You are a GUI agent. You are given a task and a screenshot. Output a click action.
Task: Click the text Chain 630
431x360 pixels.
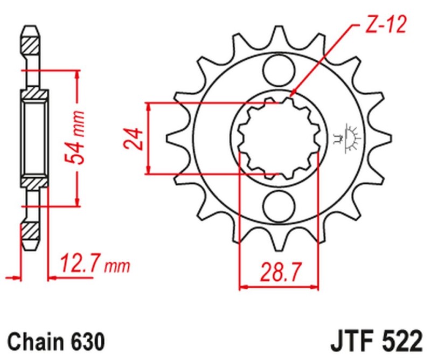(x=55, y=342)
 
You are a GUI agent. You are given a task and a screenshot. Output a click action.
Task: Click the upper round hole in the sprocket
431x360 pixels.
(x=280, y=70)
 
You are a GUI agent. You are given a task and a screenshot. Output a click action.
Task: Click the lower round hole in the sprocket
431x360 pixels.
(x=280, y=205)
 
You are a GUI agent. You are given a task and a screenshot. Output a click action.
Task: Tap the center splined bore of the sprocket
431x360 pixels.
(x=279, y=138)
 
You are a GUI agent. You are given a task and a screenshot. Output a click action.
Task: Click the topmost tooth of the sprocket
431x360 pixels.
(x=280, y=37)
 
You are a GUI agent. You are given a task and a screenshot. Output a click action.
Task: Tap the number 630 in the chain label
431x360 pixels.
(x=86, y=342)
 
